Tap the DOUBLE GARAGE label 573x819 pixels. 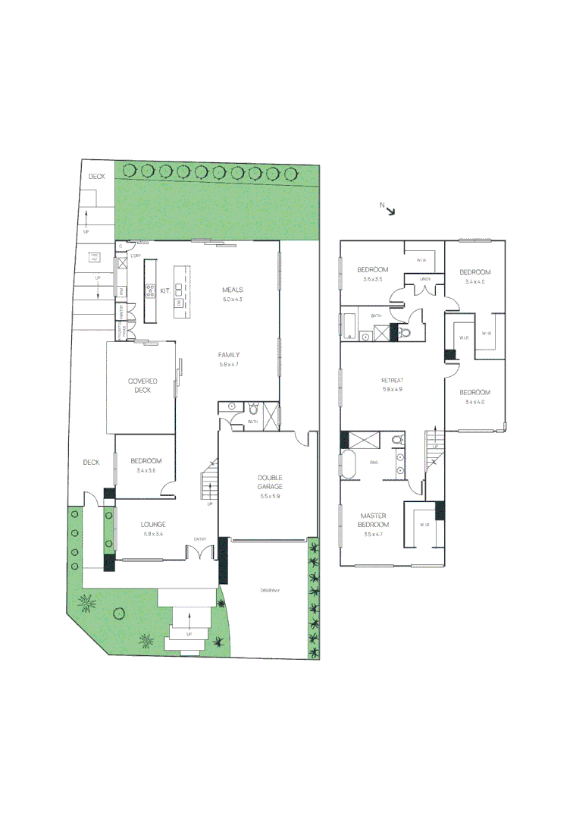(270, 482)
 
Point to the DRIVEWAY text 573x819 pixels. (268, 589)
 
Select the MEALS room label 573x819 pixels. (233, 290)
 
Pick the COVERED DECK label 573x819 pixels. (139, 385)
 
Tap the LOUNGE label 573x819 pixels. (153, 524)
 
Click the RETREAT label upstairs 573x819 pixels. (392, 380)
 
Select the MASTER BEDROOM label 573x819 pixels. (374, 520)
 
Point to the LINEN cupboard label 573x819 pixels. (425, 279)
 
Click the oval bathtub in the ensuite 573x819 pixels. (349, 464)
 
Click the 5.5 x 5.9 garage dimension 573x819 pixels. (270, 495)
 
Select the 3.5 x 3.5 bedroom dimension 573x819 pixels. (372, 280)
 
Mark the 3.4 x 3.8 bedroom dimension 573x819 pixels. (146, 471)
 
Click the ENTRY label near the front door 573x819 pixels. (200, 539)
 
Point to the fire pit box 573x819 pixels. (95, 257)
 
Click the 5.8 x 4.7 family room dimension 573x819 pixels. (229, 365)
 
